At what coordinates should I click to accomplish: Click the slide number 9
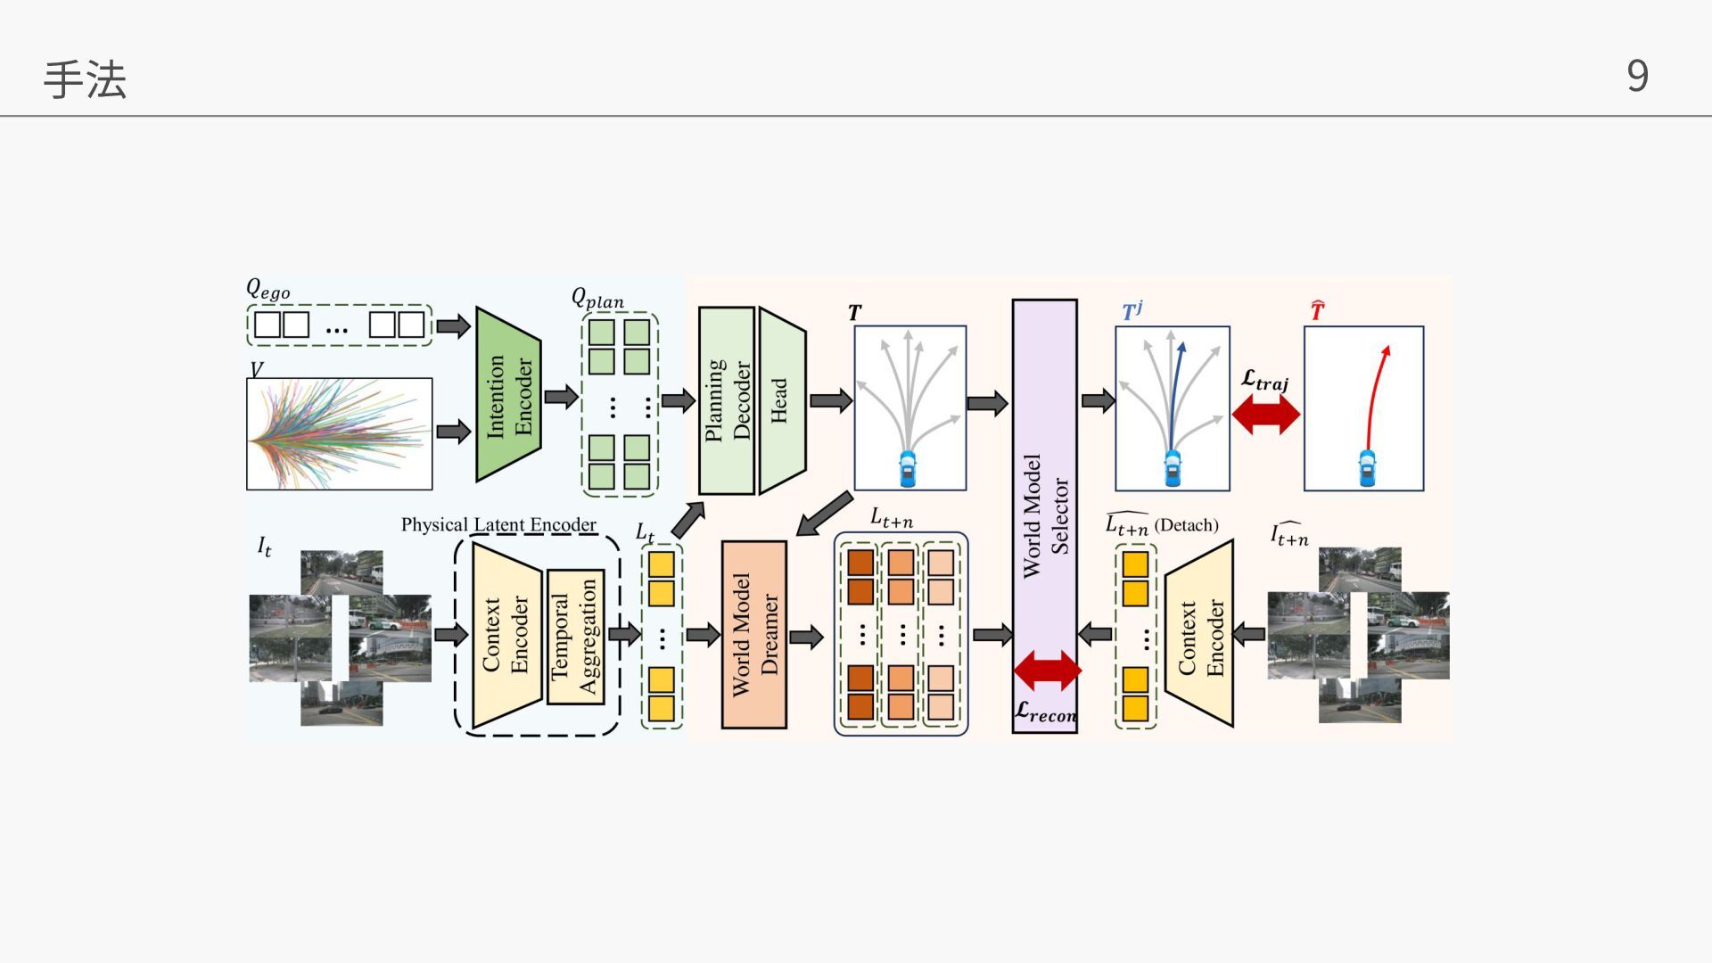click(x=1637, y=76)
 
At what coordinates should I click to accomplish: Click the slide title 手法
click(x=85, y=79)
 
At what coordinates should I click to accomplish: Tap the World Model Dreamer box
click(x=753, y=634)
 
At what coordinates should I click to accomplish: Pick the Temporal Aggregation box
click(x=574, y=637)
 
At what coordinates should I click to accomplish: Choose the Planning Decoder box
click(x=727, y=400)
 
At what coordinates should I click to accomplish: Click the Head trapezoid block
click(x=781, y=400)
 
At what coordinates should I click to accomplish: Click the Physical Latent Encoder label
click(x=498, y=524)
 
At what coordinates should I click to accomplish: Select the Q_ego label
click(x=267, y=290)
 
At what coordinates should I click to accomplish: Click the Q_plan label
click(x=597, y=299)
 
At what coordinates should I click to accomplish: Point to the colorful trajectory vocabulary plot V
click(x=339, y=434)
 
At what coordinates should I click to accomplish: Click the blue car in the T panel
click(x=908, y=469)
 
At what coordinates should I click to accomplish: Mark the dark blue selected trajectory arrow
click(x=1176, y=392)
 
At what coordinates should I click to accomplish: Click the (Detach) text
click(x=1186, y=525)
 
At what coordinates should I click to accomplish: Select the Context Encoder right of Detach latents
click(x=1200, y=634)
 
